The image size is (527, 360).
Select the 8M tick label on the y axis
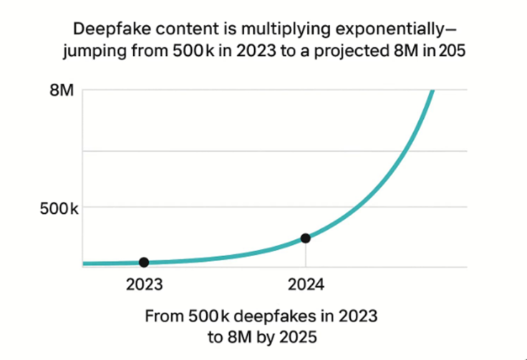61,91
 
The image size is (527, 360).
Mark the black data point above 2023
144,262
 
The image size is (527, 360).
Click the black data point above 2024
306,238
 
